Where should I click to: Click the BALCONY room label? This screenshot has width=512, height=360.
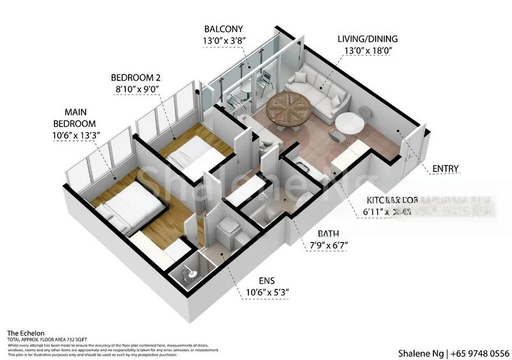tap(223, 29)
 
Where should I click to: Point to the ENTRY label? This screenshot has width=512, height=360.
tap(445, 168)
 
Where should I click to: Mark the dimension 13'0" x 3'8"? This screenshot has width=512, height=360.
tap(223, 41)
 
